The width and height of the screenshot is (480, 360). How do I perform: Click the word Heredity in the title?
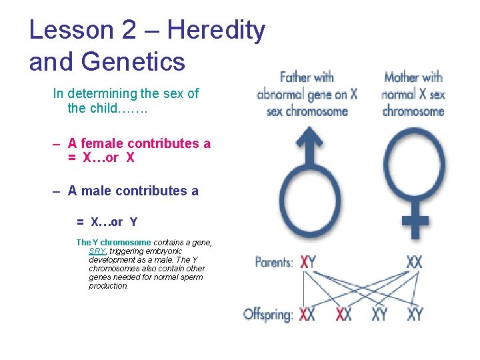click(x=217, y=31)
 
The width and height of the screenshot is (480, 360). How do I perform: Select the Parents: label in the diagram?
click(x=273, y=262)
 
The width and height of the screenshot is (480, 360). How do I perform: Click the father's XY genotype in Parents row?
click(x=308, y=262)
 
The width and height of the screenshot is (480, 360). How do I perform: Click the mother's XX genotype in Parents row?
click(x=414, y=262)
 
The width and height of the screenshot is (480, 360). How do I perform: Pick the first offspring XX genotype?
click(x=307, y=314)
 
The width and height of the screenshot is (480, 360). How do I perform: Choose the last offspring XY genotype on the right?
click(x=415, y=314)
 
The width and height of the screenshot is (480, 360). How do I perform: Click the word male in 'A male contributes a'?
click(x=97, y=191)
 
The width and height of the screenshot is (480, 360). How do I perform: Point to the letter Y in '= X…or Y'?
click(x=133, y=222)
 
